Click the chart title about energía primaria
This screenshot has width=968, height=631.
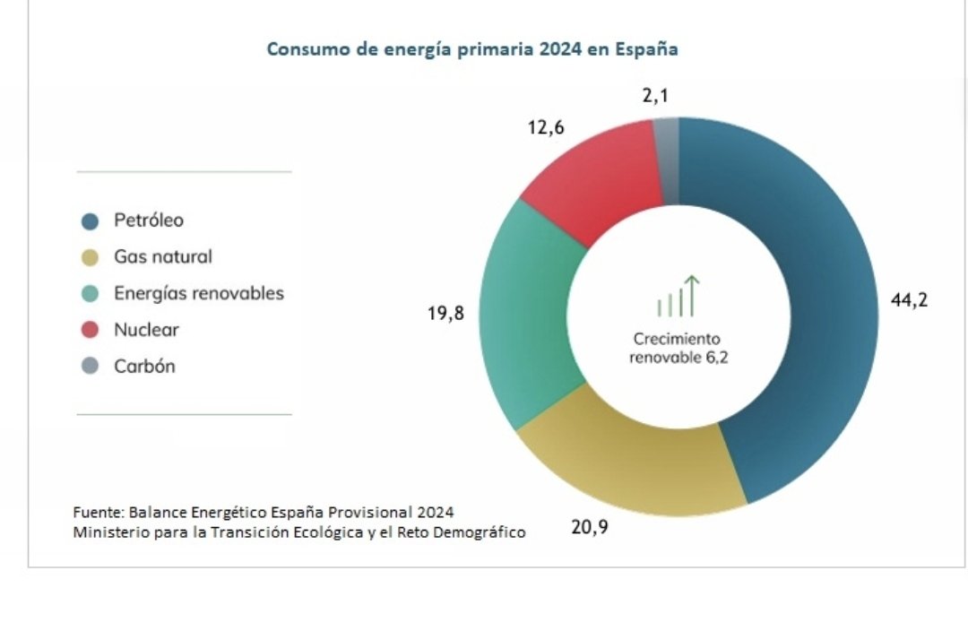pos(472,49)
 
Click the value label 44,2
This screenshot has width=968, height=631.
pos(909,300)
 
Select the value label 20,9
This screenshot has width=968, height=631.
pos(590,527)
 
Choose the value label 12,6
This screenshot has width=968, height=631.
pos(546,128)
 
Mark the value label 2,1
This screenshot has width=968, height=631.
pos(655,95)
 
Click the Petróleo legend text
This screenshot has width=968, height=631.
pos(148,220)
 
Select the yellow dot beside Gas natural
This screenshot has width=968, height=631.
pos(90,258)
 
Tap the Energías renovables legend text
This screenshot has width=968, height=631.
pos(198,293)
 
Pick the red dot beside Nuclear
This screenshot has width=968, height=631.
pos(90,331)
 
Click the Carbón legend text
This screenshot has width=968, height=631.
pos(144,367)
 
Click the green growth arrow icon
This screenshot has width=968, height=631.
pos(678,297)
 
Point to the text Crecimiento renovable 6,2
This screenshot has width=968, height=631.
pos(678,349)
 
